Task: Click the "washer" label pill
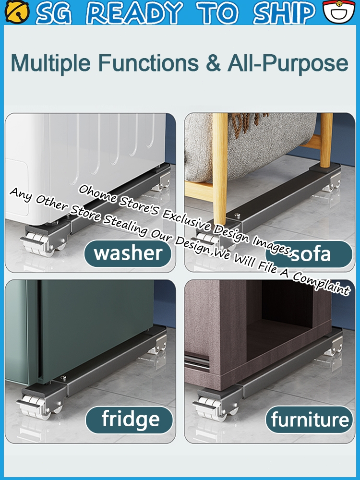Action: point(128,253)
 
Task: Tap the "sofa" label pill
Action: point(309,254)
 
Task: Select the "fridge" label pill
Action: point(129,420)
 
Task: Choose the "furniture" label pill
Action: point(309,420)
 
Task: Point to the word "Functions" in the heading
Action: point(148,63)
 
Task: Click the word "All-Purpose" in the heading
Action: point(288,64)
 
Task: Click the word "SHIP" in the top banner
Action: point(284,12)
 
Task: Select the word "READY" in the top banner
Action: point(135,12)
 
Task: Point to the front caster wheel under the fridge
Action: point(35,407)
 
